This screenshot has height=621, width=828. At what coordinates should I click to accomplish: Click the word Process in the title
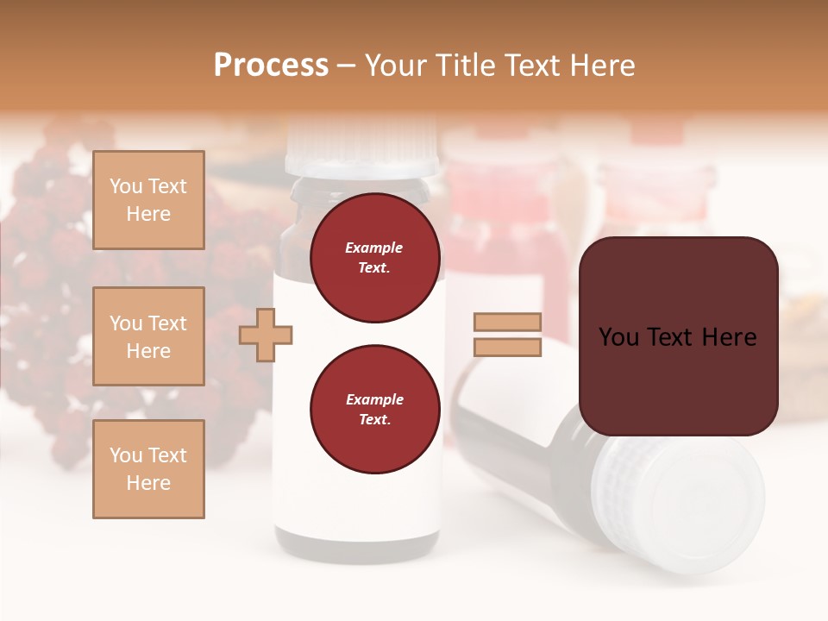click(x=271, y=66)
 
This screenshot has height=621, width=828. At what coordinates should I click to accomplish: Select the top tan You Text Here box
click(x=148, y=200)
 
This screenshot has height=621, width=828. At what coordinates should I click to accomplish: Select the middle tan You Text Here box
click(x=148, y=336)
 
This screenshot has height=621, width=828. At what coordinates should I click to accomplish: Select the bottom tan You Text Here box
click(x=148, y=469)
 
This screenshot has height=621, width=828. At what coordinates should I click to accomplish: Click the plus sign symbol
click(x=266, y=335)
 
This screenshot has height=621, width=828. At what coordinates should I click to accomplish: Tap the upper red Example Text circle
click(x=374, y=258)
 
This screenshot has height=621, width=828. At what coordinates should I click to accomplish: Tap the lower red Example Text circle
click(x=374, y=410)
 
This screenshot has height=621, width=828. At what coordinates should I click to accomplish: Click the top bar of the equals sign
click(x=507, y=323)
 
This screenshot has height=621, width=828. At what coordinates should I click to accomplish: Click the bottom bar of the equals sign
click(x=507, y=348)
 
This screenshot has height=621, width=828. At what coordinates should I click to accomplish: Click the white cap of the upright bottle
click(x=362, y=152)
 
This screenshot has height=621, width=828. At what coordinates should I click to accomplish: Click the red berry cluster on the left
click(x=52, y=259)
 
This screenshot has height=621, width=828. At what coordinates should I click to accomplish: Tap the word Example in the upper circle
click(x=373, y=248)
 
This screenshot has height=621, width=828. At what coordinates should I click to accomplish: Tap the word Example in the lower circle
click(x=374, y=399)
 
